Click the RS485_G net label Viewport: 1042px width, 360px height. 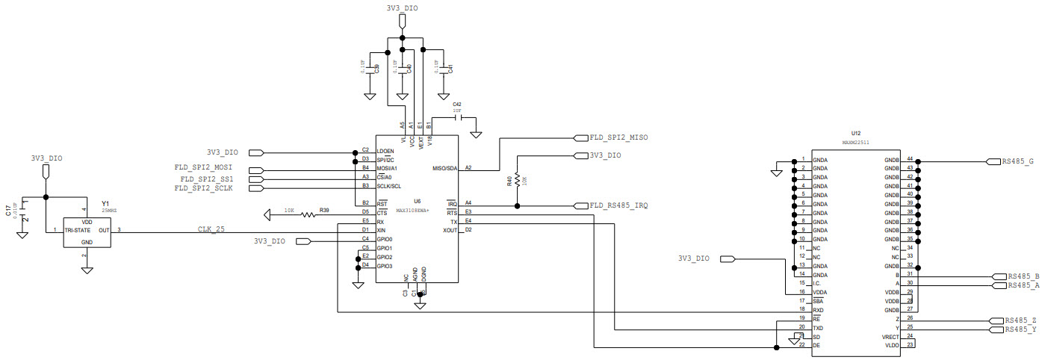(1017, 161)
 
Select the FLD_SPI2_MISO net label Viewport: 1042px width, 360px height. (618, 137)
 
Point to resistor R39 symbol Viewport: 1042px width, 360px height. (308, 216)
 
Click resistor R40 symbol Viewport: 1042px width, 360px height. (517, 181)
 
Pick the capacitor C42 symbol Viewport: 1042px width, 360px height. (458, 117)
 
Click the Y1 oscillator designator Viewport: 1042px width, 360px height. (105, 203)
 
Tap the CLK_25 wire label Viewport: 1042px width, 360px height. (211, 229)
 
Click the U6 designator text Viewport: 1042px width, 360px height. (417, 201)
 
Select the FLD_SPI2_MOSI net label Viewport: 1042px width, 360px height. (204, 167)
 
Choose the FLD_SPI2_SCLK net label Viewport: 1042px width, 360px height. (204, 188)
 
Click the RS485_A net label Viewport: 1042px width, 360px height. (1023, 285)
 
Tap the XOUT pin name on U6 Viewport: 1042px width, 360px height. (449, 230)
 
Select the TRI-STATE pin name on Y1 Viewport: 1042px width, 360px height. (78, 231)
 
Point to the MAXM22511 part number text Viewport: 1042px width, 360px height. (855, 142)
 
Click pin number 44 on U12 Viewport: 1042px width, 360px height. (910, 159)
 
